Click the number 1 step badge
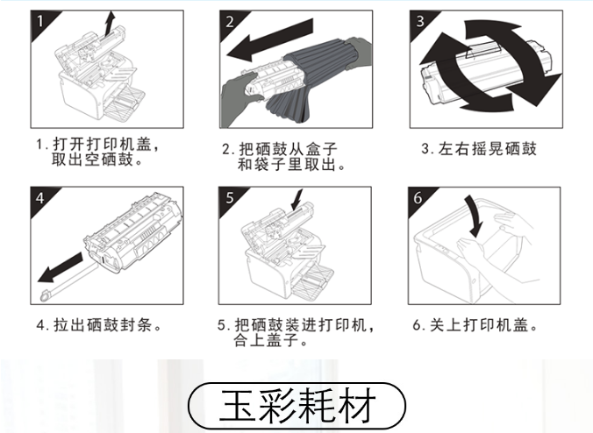click(x=40, y=21)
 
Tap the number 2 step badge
click(x=229, y=21)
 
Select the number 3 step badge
click(x=419, y=21)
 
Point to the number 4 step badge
click(x=40, y=197)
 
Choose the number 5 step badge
click(x=229, y=197)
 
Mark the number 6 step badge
click(x=418, y=197)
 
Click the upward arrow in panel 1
click(x=109, y=24)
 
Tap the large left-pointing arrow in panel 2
click(x=269, y=40)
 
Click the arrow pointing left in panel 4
click(x=61, y=268)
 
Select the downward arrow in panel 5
click(x=296, y=200)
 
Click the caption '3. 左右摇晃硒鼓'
click(x=479, y=148)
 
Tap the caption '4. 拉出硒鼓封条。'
click(x=99, y=325)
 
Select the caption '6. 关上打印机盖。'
click(x=475, y=325)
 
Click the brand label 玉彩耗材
click(x=296, y=405)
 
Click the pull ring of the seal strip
click(x=46, y=295)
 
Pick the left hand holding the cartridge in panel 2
click(x=239, y=100)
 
